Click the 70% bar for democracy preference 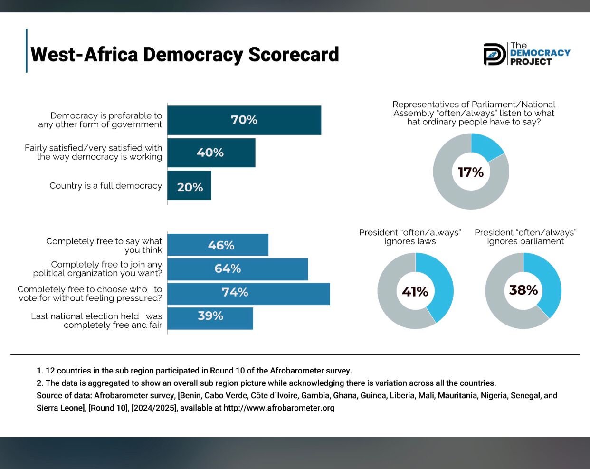pos(244,120)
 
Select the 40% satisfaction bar pos(211,153)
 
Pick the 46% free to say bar pos(218,245)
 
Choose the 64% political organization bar pos(238,269)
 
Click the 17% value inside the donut pos(471,172)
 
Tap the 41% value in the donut pos(415,291)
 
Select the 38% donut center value pos(523,290)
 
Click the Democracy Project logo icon pos(495,54)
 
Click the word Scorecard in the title pos(294,55)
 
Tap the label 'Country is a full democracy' pos(105,186)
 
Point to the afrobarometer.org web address pos(279,408)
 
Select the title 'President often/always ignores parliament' pos(525,237)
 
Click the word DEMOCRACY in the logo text pos(540,53)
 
